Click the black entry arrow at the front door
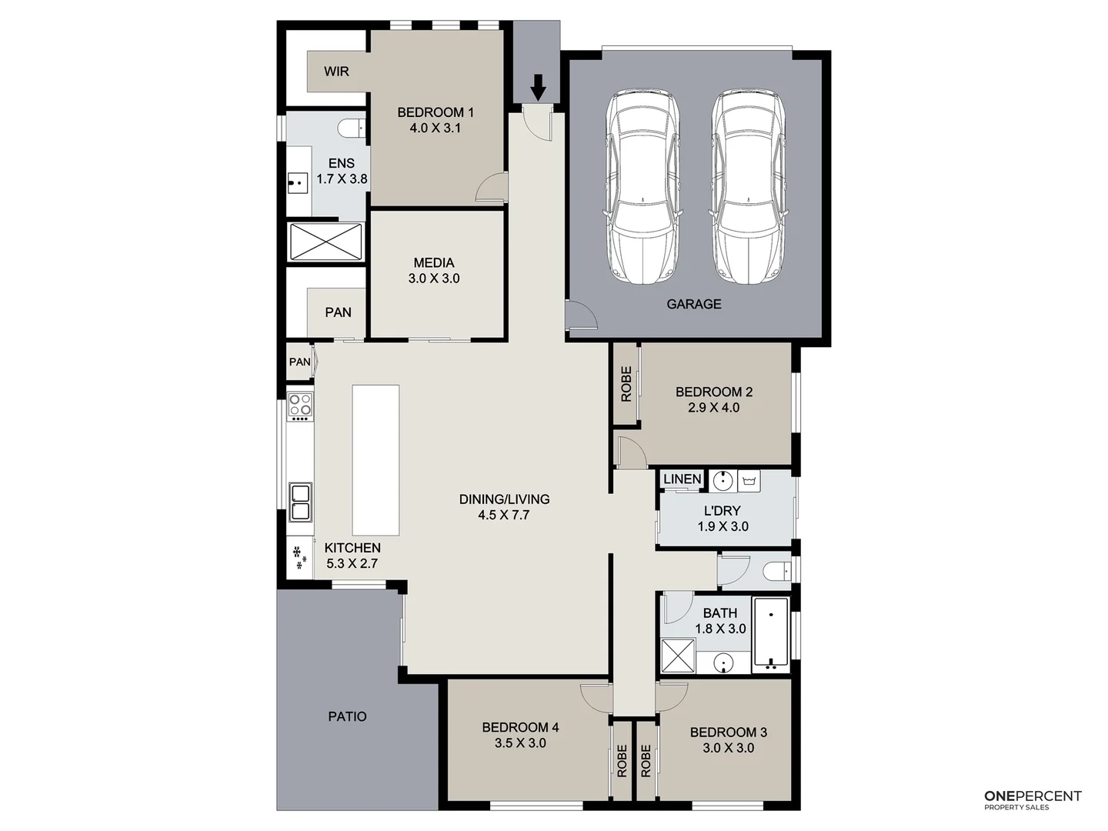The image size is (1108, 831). coord(539,87)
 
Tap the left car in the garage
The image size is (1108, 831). coord(642,188)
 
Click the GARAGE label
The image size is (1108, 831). coord(693,304)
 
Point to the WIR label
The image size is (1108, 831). coord(336,72)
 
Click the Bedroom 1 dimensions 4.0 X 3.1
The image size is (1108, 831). coord(435,128)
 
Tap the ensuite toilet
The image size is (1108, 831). coord(354,127)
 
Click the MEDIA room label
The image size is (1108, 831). coord(434,262)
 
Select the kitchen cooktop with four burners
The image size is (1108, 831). coord(299,405)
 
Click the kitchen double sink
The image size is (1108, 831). coord(299,502)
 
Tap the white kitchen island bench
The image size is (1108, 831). coord(375,460)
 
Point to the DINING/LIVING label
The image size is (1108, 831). coord(504,499)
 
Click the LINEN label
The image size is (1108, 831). coord(682,479)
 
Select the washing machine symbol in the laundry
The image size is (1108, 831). coord(749,482)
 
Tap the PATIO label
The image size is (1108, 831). coord(347,716)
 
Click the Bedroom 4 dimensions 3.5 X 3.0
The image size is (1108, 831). coord(520,743)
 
